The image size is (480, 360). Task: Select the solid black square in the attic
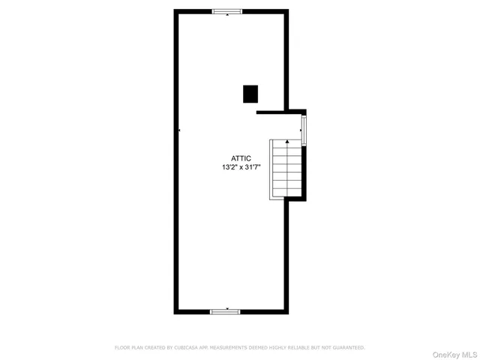point(250,94)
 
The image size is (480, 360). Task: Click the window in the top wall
point(226,11)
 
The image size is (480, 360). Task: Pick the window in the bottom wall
point(225,310)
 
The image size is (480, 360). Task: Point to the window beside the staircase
point(304,128)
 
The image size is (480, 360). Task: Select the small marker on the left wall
point(179,130)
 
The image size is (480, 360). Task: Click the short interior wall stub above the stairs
point(271,112)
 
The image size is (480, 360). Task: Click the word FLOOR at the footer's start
point(121,348)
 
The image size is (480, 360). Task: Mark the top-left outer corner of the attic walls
point(175,10)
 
